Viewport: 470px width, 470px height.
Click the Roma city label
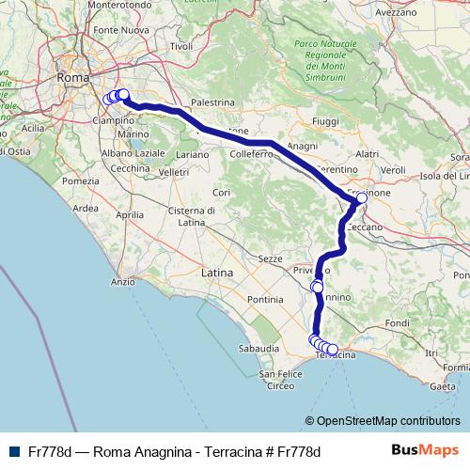pyautogui.click(x=72, y=77)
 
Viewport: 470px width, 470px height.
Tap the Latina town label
pyautogui.click(x=216, y=273)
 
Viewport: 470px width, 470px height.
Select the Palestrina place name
pyautogui.click(x=211, y=101)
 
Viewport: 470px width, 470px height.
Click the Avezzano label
pyautogui.click(x=395, y=13)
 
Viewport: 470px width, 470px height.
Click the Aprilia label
pyautogui.click(x=130, y=214)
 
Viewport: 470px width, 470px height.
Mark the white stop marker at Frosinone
pyautogui.click(x=362, y=199)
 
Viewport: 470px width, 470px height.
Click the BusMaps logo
pyautogui.click(x=425, y=450)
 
